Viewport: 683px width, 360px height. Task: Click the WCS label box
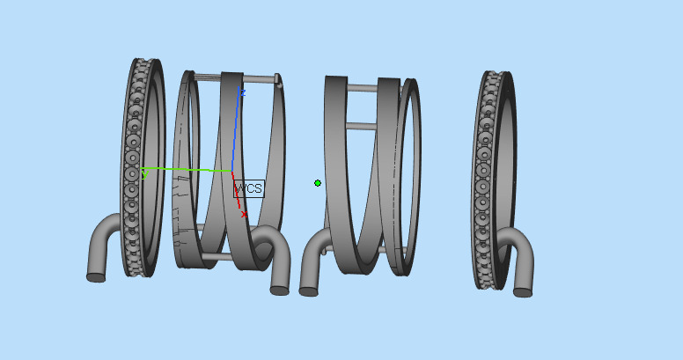pos(248,188)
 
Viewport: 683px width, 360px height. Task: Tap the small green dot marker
pos(318,183)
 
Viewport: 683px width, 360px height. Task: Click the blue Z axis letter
pos(242,92)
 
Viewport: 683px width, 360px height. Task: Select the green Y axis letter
pos(144,175)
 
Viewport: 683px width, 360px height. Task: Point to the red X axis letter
pos(244,214)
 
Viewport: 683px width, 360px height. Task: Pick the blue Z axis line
pos(236,132)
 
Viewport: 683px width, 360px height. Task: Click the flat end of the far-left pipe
pos(96,277)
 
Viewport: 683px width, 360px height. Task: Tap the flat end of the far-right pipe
pos(522,290)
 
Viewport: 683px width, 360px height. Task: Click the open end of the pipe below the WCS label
pos(279,288)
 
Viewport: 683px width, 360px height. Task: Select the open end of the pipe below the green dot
pos(309,289)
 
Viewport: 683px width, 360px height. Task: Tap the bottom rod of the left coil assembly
pos(216,257)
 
